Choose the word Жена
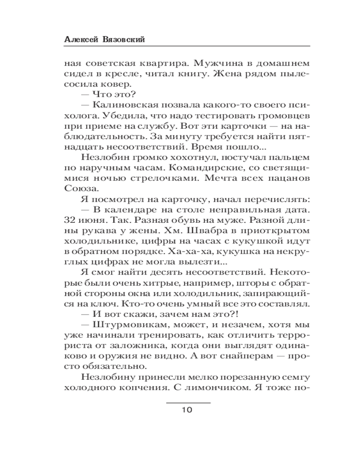click(233, 73)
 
